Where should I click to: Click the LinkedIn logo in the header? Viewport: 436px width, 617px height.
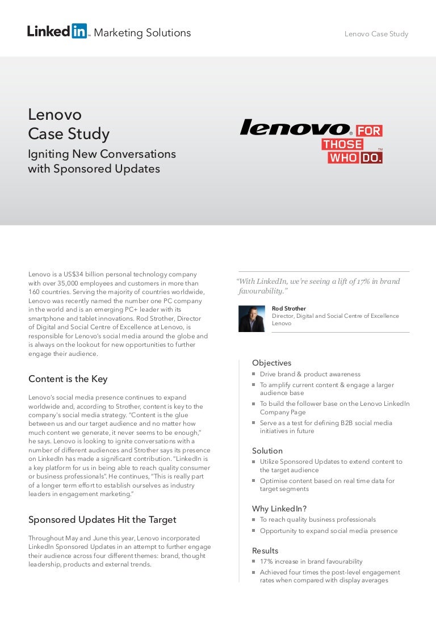coord(57,31)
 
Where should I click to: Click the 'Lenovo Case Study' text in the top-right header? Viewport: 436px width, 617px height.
coord(376,34)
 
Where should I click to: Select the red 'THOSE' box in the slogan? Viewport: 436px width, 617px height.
coord(342,144)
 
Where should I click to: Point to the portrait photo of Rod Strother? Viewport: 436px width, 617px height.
coord(251,318)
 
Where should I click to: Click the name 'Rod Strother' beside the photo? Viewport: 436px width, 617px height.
coord(289,309)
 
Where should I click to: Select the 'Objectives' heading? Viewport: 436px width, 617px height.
coord(271,363)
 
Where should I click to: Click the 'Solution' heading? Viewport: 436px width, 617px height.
coord(267,451)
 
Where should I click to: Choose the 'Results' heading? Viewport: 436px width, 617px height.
coord(265,551)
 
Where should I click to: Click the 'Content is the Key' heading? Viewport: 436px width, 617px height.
coord(68,379)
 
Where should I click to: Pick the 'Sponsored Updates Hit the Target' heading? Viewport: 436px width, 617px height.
coord(102,519)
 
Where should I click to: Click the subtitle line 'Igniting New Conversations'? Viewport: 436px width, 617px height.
coord(102,154)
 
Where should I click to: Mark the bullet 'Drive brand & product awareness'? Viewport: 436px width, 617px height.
coord(310,375)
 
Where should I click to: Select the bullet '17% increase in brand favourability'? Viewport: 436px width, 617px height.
coord(311,561)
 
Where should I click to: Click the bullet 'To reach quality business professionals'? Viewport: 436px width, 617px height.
coord(317,519)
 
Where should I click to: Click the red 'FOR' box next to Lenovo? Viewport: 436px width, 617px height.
coord(369,131)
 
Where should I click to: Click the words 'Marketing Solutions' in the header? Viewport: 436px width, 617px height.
coord(142,33)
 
